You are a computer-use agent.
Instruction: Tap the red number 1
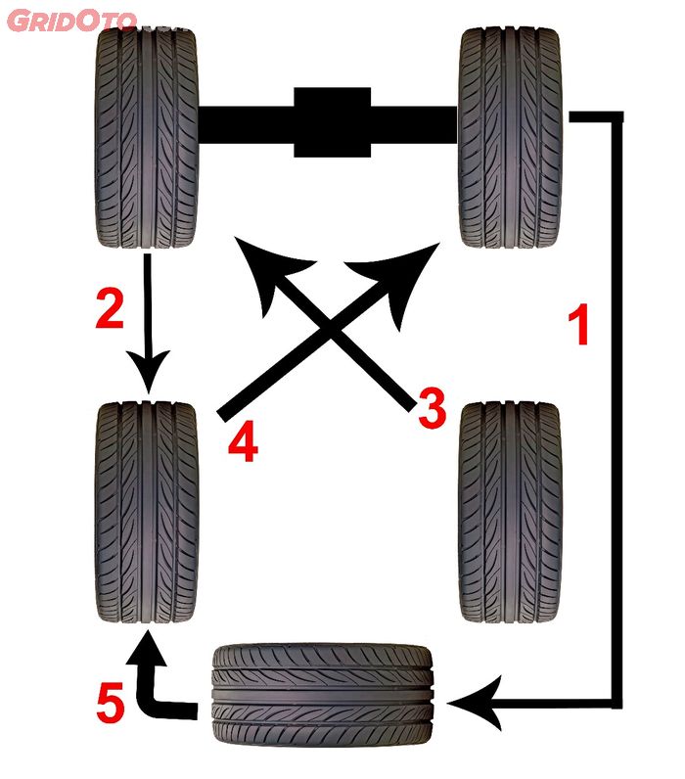[x=579, y=325]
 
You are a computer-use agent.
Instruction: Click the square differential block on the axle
[x=333, y=121]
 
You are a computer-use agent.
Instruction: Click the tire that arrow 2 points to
[x=147, y=514]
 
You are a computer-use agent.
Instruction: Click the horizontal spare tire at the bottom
[x=322, y=697]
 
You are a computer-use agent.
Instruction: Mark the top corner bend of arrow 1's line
[x=616, y=118]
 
